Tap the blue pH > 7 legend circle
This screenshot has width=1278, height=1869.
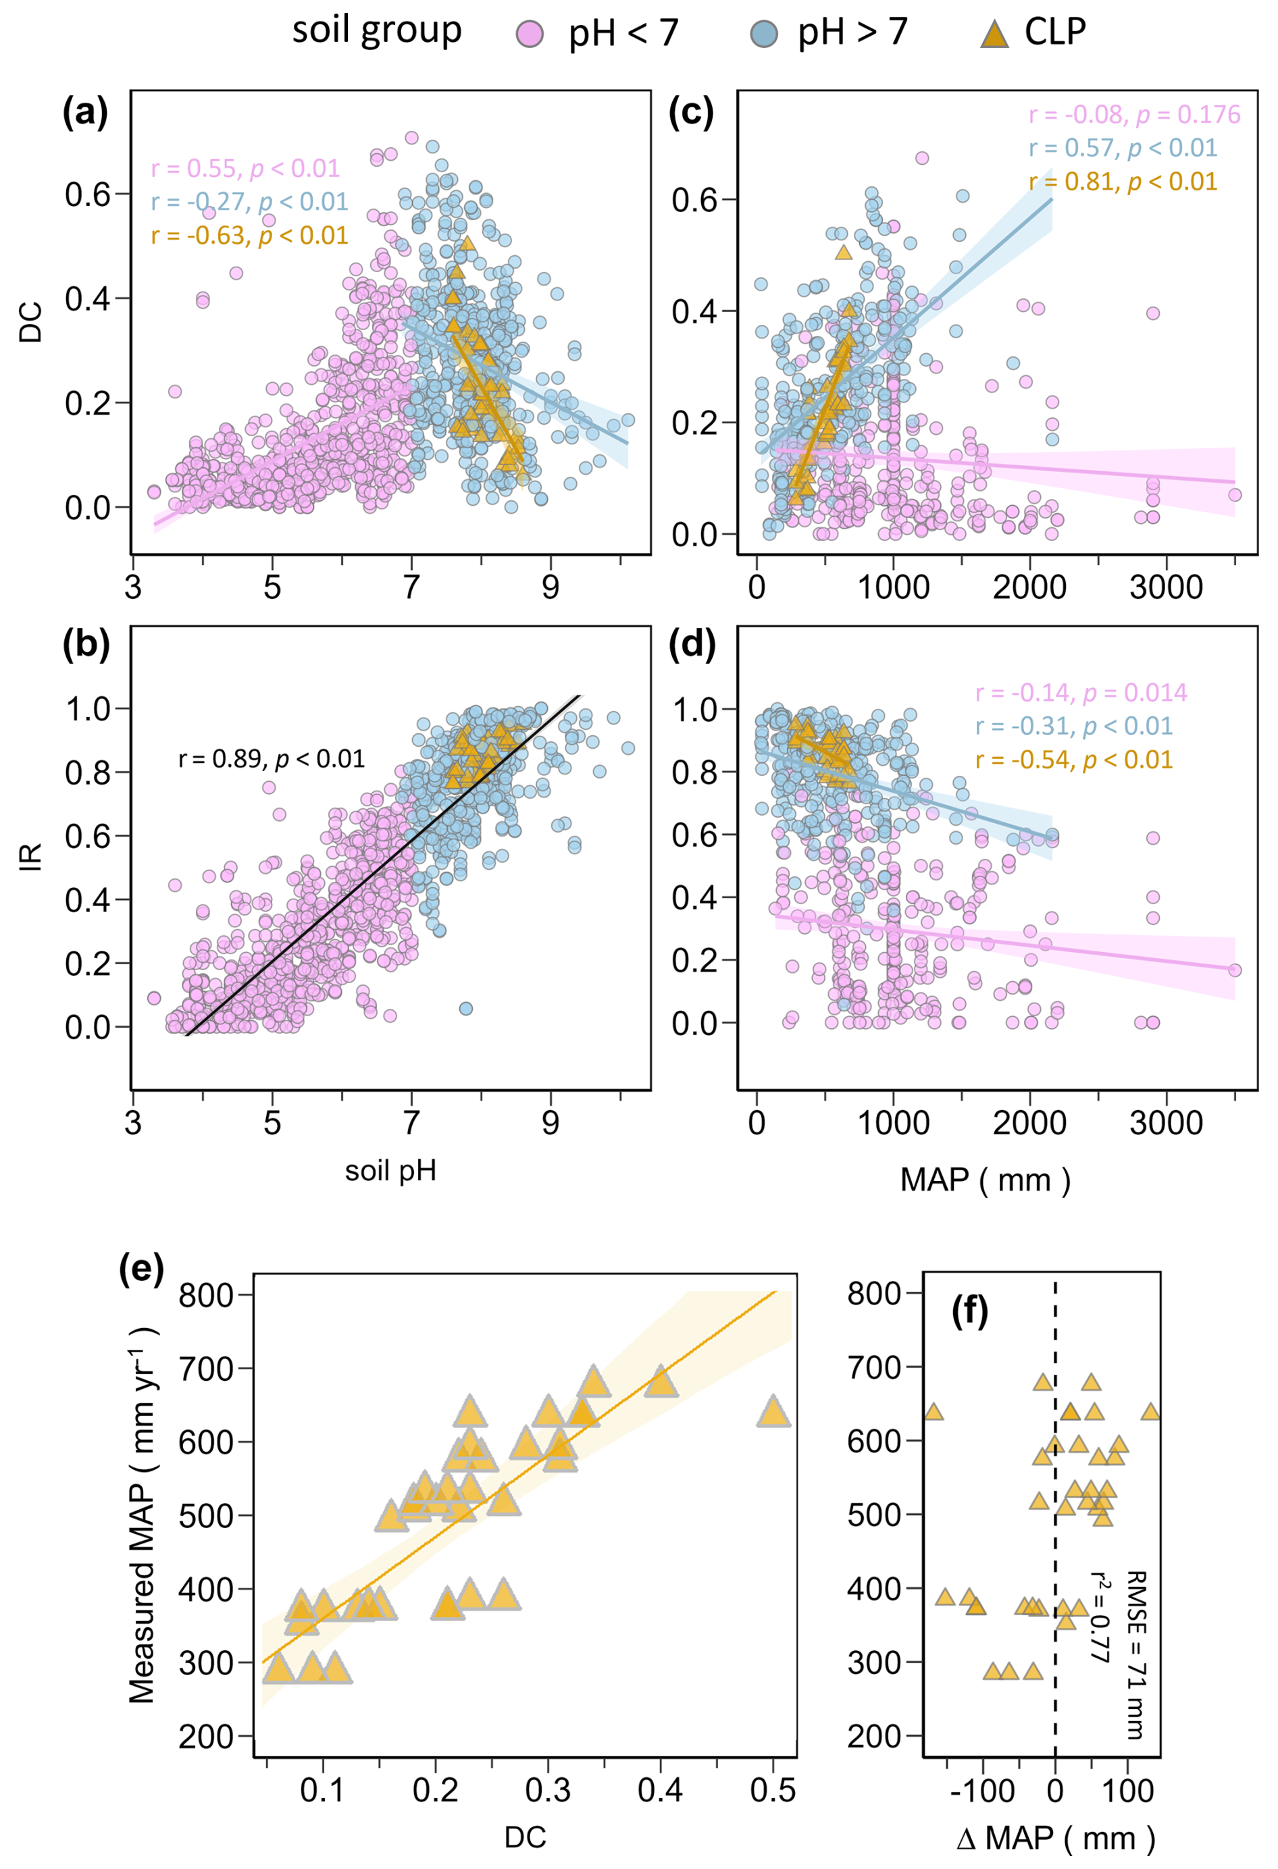763,34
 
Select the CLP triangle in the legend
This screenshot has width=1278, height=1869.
995,34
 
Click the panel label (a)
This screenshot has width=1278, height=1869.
84,113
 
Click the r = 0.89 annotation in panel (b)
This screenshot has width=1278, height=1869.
271,758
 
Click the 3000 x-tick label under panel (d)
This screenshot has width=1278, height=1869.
1165,1124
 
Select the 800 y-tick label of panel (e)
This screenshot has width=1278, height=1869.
206,1296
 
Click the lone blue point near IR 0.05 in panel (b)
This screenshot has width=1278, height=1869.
465,1009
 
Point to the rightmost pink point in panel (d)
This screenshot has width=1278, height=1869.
1235,970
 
